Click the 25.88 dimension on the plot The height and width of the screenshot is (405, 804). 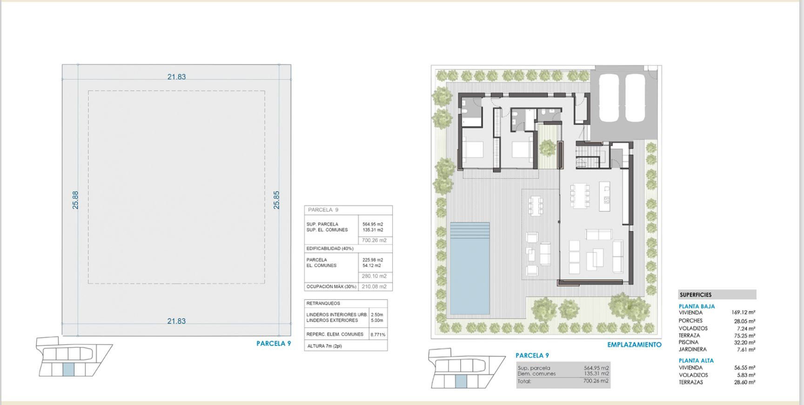pyautogui.click(x=75, y=200)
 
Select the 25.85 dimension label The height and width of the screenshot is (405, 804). pyautogui.click(x=276, y=200)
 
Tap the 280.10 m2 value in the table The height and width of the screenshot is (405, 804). pyautogui.click(x=374, y=276)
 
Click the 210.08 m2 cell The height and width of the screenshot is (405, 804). pyautogui.click(x=374, y=287)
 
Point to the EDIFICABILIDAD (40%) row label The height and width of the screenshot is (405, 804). pyautogui.click(x=330, y=249)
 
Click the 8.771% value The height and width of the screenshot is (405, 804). pyautogui.click(x=378, y=335)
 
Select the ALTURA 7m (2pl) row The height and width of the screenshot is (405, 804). pyautogui.click(x=324, y=346)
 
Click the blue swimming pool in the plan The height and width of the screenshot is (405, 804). pyautogui.click(x=469, y=268)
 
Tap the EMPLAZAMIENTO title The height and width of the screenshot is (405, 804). pyautogui.click(x=634, y=345)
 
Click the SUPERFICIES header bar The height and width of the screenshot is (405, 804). pyautogui.click(x=717, y=295)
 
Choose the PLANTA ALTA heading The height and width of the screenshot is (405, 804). pyautogui.click(x=696, y=361)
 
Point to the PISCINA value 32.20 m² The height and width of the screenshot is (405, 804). pyautogui.click(x=744, y=343)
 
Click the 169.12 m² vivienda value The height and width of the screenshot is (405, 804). pyautogui.click(x=743, y=313)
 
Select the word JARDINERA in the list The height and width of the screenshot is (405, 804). pyautogui.click(x=692, y=350)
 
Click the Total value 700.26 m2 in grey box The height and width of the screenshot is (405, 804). pyautogui.click(x=596, y=381)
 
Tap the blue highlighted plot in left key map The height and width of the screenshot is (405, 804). pyautogui.click(x=68, y=370)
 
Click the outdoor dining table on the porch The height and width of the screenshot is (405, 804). pyautogui.click(x=536, y=205)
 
